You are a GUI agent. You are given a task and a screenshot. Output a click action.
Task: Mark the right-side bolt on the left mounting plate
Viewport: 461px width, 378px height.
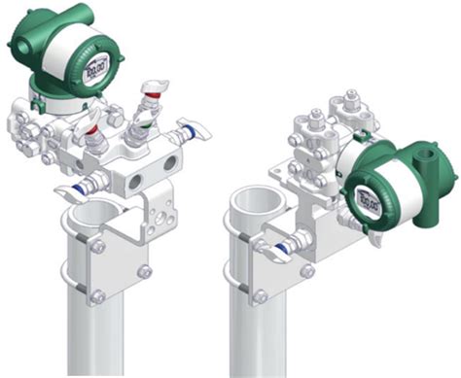click(144, 274)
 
